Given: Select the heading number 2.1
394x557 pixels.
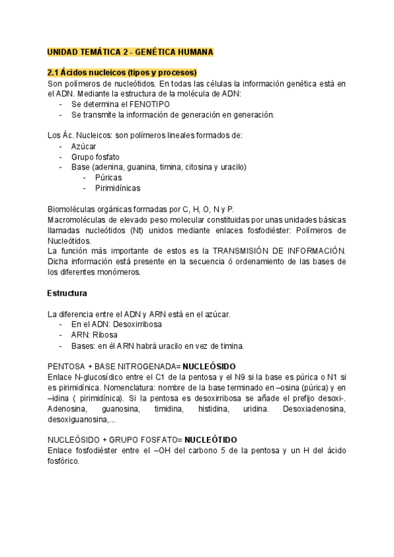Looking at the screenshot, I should click(54, 72).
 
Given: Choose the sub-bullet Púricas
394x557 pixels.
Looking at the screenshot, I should click(108, 177).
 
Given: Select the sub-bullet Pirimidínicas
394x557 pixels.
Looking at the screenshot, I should click(118, 188).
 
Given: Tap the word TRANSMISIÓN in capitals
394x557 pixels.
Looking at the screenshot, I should click(239, 251).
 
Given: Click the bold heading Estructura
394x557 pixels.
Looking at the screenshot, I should click(68, 293).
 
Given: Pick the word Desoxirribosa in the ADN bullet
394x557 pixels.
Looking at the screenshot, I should click(138, 324).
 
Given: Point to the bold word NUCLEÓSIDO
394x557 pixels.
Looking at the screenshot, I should click(209, 366).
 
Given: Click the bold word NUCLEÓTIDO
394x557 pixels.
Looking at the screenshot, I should click(211, 439).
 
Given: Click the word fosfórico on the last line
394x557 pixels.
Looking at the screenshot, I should click(63, 460).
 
